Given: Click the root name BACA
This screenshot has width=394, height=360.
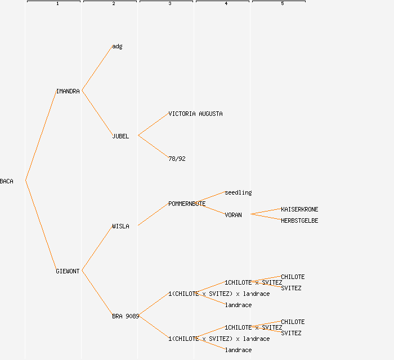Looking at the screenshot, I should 7,181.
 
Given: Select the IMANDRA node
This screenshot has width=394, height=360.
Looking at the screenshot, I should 68,91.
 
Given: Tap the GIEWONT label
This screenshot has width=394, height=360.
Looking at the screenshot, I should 68,271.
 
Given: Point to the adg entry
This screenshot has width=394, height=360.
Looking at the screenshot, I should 117,46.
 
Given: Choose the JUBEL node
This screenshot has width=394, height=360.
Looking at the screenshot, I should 120,136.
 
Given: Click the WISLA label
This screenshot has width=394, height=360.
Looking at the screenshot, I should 120,226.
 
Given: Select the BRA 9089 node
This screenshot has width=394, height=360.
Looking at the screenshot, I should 125,316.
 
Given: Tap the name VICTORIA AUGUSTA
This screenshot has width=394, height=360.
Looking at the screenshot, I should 195,114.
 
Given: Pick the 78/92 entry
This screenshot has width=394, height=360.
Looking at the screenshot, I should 177,159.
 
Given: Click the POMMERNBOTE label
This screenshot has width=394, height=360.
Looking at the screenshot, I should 187,204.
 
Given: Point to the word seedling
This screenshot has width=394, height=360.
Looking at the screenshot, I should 238,192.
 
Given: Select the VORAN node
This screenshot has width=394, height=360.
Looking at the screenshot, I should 233,215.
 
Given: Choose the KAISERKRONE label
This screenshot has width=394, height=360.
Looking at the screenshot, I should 299,209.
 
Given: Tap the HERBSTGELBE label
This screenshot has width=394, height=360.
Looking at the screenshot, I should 299,220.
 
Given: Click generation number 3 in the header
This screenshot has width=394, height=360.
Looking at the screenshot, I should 170,4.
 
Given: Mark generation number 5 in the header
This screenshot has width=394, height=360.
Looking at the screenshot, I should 283,4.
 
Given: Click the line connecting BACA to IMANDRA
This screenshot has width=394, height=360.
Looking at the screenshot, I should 41,136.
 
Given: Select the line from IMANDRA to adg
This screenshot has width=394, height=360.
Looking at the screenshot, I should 97,68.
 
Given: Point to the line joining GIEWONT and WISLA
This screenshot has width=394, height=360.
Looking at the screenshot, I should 97,248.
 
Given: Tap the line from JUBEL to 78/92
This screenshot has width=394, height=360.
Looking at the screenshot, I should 153,147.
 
